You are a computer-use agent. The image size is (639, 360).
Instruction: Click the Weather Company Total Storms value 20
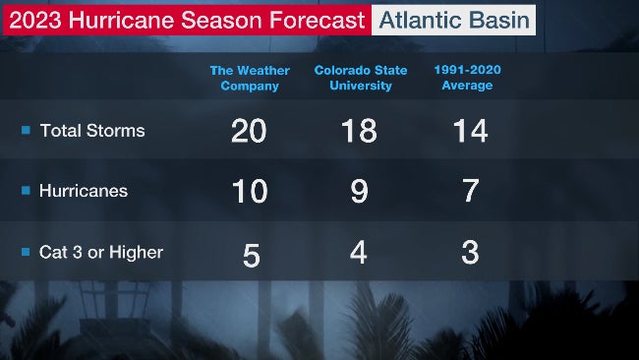(x=249, y=131)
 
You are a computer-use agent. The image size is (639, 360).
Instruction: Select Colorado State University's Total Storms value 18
(x=359, y=131)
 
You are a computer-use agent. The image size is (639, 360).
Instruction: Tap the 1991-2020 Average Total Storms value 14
(x=470, y=131)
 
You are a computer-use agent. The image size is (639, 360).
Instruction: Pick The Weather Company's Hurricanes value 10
(x=249, y=192)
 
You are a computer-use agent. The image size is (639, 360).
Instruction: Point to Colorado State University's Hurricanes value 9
(x=359, y=192)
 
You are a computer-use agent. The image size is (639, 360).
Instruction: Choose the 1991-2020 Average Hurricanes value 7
(x=470, y=192)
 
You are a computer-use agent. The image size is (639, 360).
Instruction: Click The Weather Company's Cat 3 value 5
(x=251, y=255)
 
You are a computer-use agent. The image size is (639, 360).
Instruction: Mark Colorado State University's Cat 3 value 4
(x=359, y=253)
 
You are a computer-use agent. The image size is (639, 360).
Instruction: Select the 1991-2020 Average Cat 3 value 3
(x=470, y=253)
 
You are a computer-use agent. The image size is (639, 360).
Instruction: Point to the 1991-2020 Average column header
(x=463, y=78)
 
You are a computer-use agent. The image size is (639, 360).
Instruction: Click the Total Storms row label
(x=92, y=131)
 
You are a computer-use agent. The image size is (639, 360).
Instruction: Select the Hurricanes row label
(x=84, y=192)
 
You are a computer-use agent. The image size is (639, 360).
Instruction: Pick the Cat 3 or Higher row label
(x=101, y=253)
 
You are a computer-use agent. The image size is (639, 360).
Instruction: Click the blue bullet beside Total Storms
(x=27, y=131)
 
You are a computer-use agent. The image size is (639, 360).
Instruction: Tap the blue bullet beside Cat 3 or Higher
(x=27, y=253)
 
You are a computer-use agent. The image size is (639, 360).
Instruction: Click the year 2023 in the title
(x=34, y=20)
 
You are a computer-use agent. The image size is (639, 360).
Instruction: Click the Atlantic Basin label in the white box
(x=454, y=20)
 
